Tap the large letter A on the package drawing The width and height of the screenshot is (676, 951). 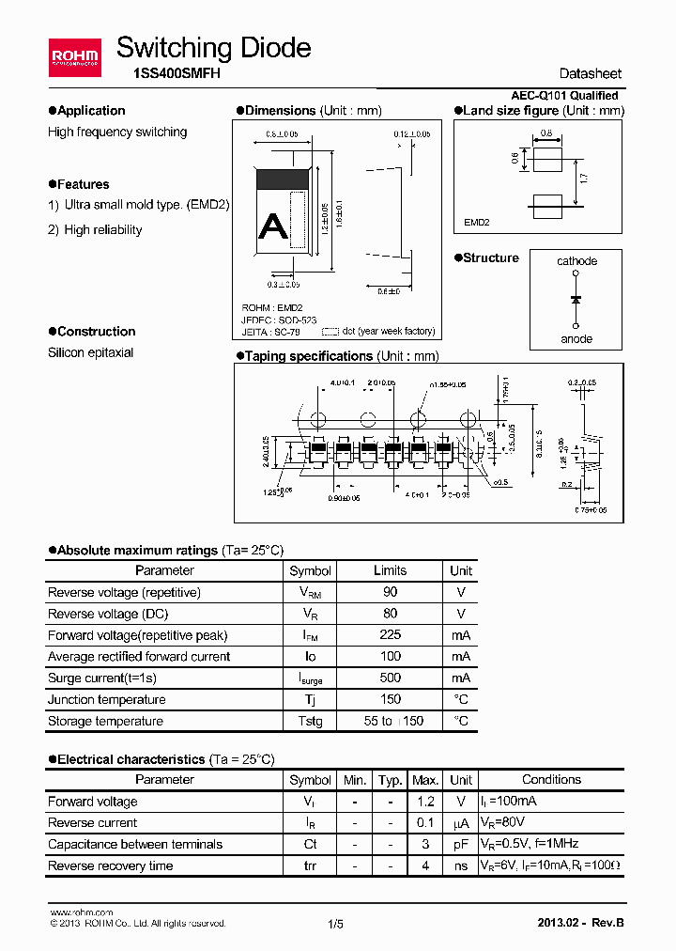(x=272, y=226)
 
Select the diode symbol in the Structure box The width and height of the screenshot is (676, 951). (x=576, y=299)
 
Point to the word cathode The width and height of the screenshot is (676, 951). (x=576, y=261)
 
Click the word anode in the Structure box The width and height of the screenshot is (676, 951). (x=576, y=338)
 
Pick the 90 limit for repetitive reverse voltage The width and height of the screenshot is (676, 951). (x=390, y=592)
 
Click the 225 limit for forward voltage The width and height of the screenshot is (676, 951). (x=390, y=635)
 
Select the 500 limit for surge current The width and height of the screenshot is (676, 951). (x=390, y=678)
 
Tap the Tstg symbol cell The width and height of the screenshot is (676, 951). (x=311, y=721)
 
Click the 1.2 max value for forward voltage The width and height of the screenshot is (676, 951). (x=425, y=802)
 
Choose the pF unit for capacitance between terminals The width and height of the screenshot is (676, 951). (x=460, y=844)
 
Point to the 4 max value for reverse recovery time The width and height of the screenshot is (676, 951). (x=425, y=865)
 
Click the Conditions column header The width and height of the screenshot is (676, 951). (x=551, y=779)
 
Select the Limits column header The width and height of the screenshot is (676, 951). (x=390, y=570)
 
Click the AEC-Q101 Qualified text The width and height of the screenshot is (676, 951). (x=564, y=96)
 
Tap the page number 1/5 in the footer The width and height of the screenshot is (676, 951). (x=336, y=924)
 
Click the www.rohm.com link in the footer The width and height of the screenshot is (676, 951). (x=81, y=912)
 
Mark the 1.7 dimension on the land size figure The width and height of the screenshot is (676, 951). (x=584, y=178)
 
